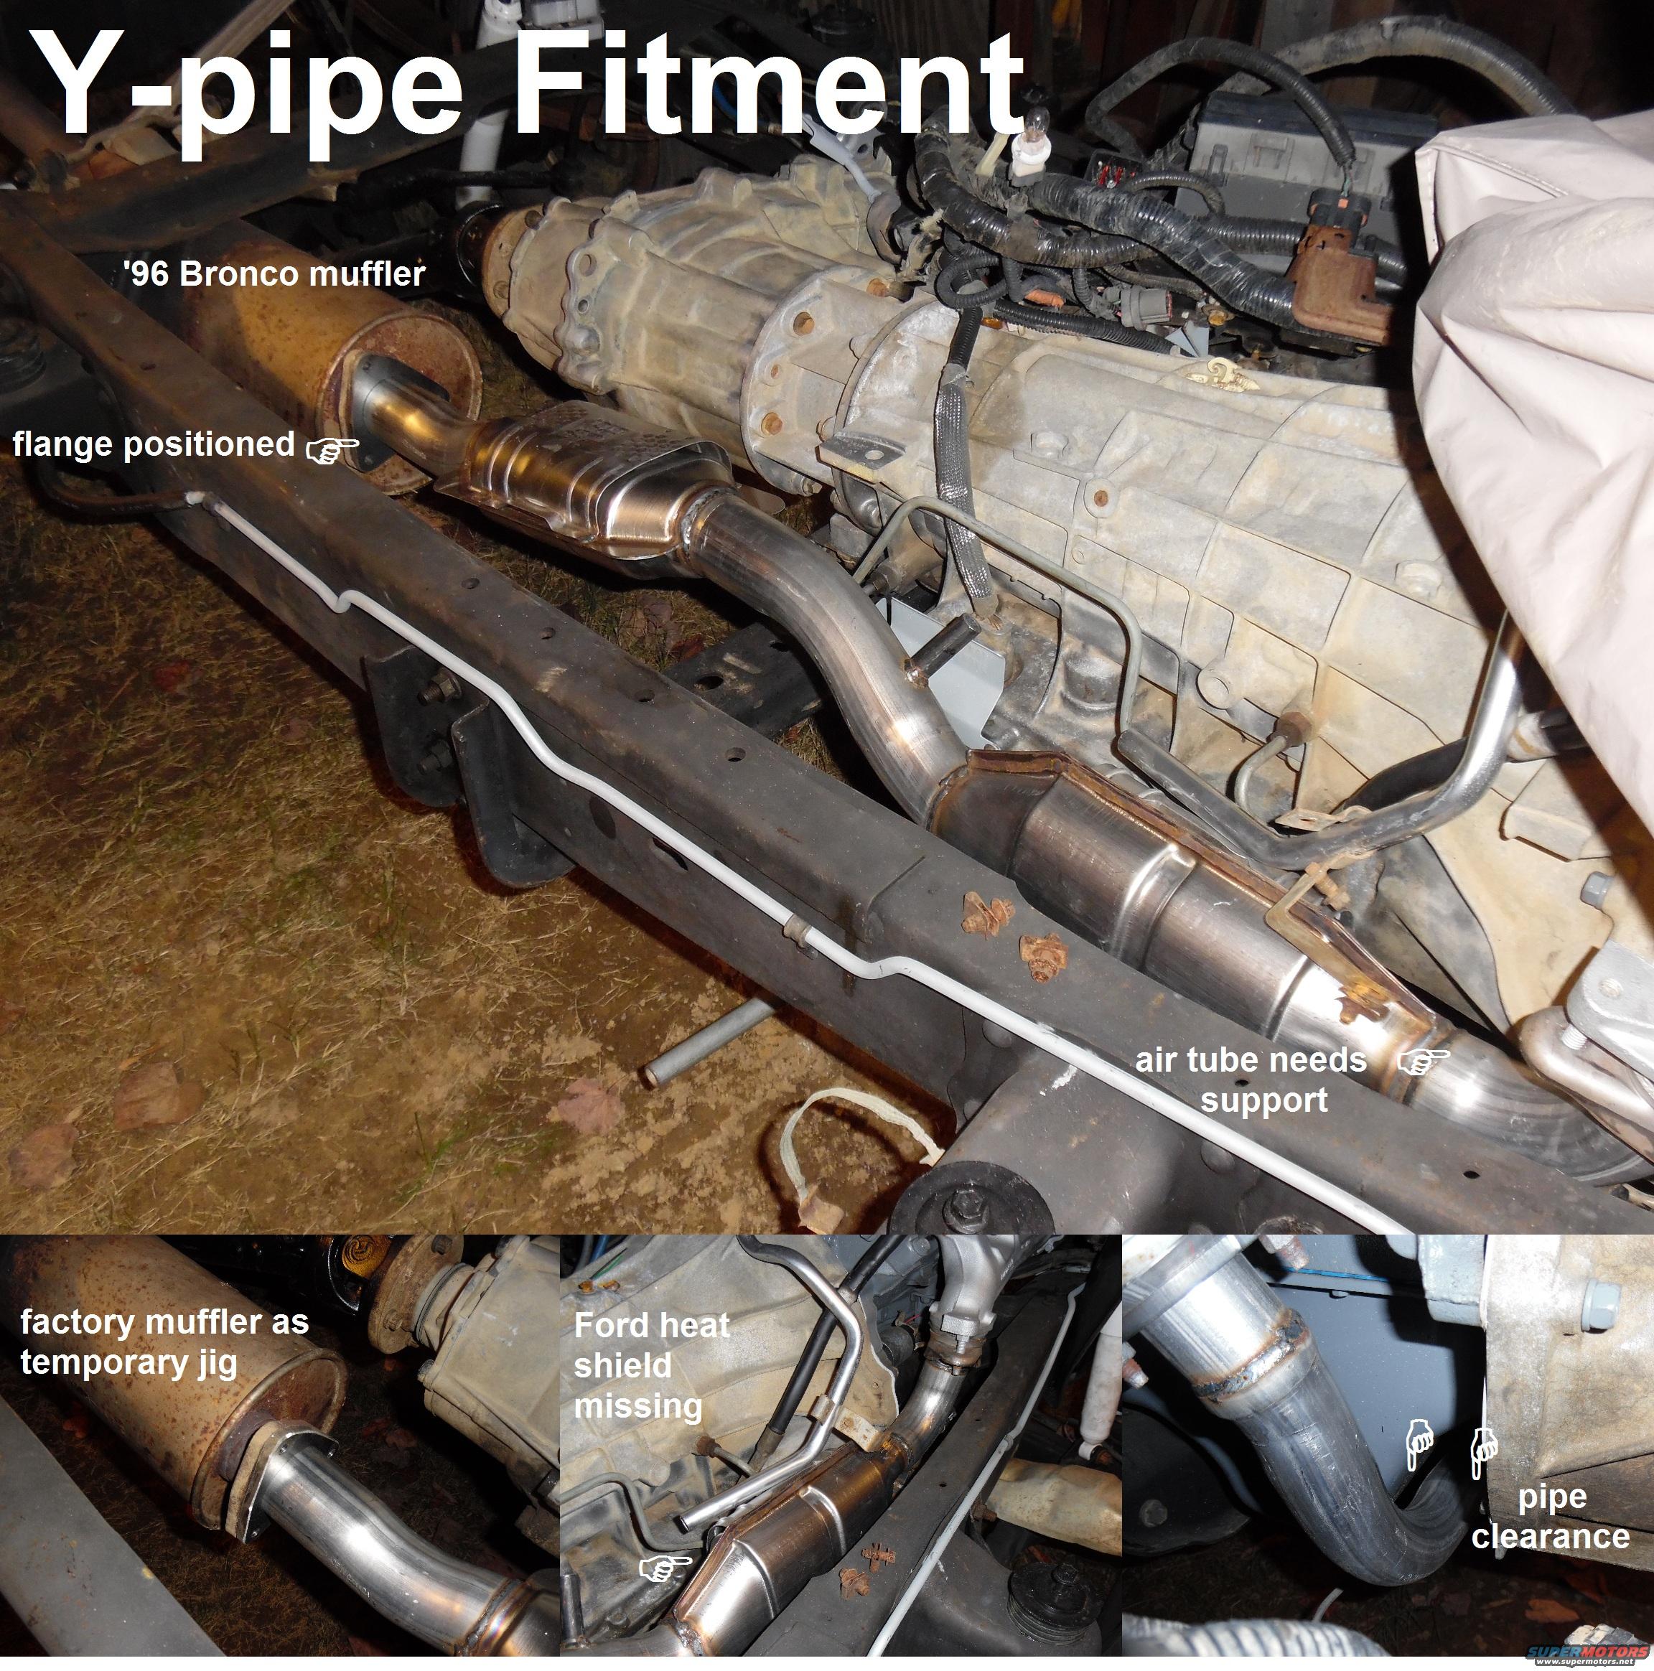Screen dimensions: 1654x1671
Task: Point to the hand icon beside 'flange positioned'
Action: [x=333, y=447]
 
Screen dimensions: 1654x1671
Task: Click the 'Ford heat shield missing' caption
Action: [x=651, y=1366]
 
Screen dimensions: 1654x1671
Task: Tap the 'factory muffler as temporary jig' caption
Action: [x=164, y=1342]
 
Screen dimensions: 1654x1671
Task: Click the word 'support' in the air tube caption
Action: [x=1264, y=1100]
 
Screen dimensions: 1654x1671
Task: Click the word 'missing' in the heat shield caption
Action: [x=637, y=1406]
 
